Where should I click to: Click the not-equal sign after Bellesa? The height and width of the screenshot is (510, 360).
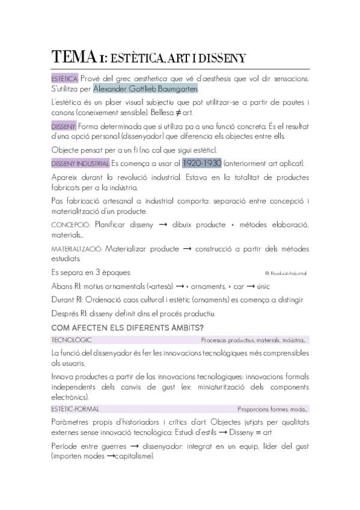coord(207,112)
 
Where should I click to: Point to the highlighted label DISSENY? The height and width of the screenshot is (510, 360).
coord(64,127)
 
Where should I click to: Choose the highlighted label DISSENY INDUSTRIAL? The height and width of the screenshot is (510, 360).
coord(81,164)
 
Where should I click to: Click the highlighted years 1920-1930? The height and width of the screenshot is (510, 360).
coord(202,163)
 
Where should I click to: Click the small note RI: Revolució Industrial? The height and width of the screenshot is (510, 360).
coord(286,274)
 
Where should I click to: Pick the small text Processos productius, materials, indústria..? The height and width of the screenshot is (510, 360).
coord(254,340)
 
